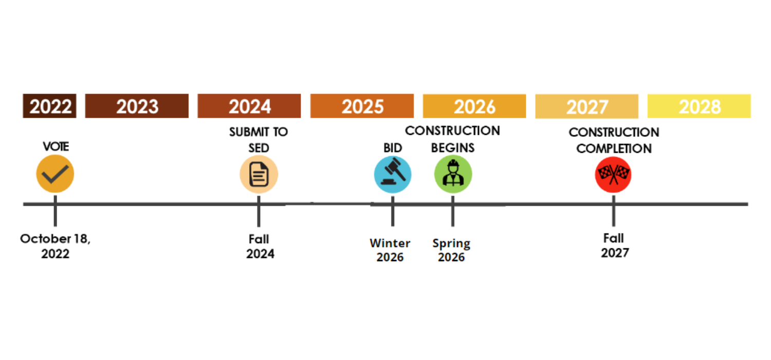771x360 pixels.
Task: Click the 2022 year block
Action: click(x=50, y=106)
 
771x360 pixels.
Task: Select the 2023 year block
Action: click(x=137, y=106)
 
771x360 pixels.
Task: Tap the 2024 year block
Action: click(x=249, y=106)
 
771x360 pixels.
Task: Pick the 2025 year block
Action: click(x=362, y=106)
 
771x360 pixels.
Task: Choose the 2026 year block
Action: click(x=474, y=106)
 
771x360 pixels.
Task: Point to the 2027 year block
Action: click(x=587, y=107)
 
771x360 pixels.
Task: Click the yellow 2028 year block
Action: click(x=699, y=106)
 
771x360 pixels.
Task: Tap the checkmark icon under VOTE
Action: click(x=55, y=174)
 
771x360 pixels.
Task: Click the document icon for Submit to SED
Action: click(x=259, y=174)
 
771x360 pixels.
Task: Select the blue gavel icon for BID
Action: click(x=393, y=174)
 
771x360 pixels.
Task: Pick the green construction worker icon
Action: click(x=453, y=174)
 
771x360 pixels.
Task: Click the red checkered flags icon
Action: click(x=613, y=174)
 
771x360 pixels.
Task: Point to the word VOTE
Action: click(x=56, y=147)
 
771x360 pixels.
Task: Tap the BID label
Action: click(x=393, y=148)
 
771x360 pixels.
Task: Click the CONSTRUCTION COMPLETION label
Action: click(x=614, y=140)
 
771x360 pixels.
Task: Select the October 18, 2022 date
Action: click(x=55, y=246)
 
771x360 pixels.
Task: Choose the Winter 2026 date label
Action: click(x=390, y=250)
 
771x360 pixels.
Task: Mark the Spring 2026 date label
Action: click(x=451, y=250)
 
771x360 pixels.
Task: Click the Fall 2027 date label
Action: click(x=614, y=246)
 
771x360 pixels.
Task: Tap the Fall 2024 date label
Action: click(x=260, y=246)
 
